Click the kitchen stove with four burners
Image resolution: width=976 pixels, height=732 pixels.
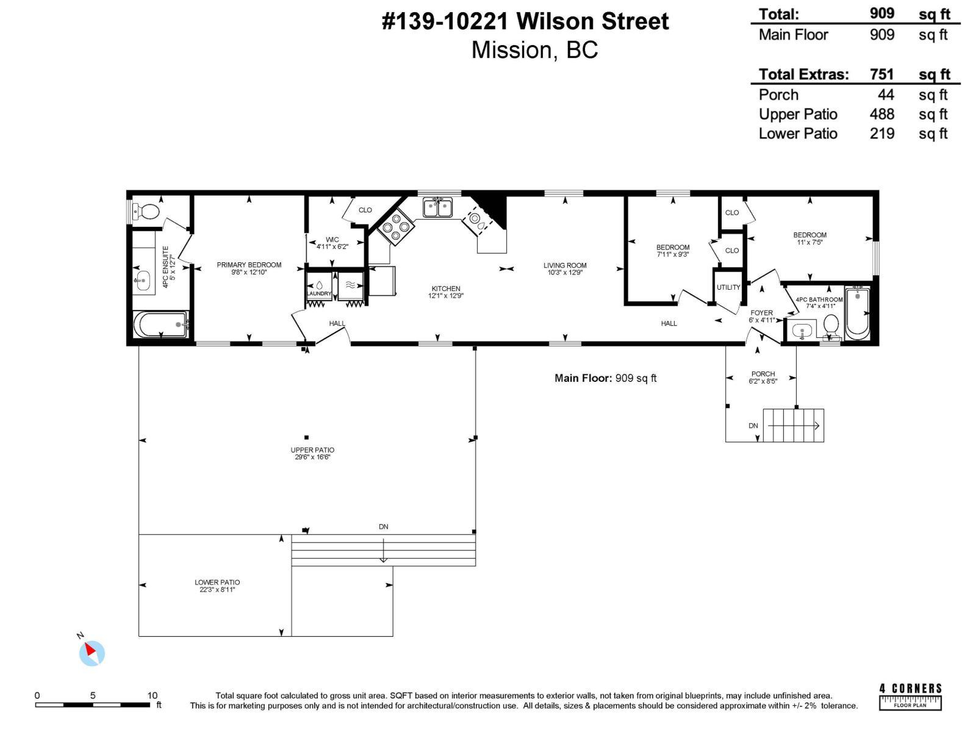pos(396,227)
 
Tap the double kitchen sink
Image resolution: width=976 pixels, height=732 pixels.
pos(437,207)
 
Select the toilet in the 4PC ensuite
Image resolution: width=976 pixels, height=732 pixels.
pos(146,212)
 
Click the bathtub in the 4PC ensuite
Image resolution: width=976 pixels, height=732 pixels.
pos(161,325)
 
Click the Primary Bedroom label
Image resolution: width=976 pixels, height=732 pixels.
pos(249,265)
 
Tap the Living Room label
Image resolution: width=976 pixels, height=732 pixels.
pos(565,265)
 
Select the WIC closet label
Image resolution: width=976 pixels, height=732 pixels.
pos(332,240)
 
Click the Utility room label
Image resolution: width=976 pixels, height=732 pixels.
pos(728,287)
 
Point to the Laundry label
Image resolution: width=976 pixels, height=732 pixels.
pos(319,294)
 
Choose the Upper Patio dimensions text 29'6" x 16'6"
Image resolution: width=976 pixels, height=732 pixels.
pos(312,457)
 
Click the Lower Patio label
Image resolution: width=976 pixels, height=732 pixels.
pos(217,582)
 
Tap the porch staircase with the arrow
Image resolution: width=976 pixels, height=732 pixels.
pos(793,425)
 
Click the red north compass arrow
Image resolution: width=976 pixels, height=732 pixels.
pos(90,650)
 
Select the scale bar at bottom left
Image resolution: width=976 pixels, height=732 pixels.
pos(93,705)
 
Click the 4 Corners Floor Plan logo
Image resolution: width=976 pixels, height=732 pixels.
pos(910,697)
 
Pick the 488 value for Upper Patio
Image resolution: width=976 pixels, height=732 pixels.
pos(881,114)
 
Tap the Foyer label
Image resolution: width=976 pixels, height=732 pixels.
pos(762,313)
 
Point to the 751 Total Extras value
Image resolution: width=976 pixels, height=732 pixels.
pos(881,74)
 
